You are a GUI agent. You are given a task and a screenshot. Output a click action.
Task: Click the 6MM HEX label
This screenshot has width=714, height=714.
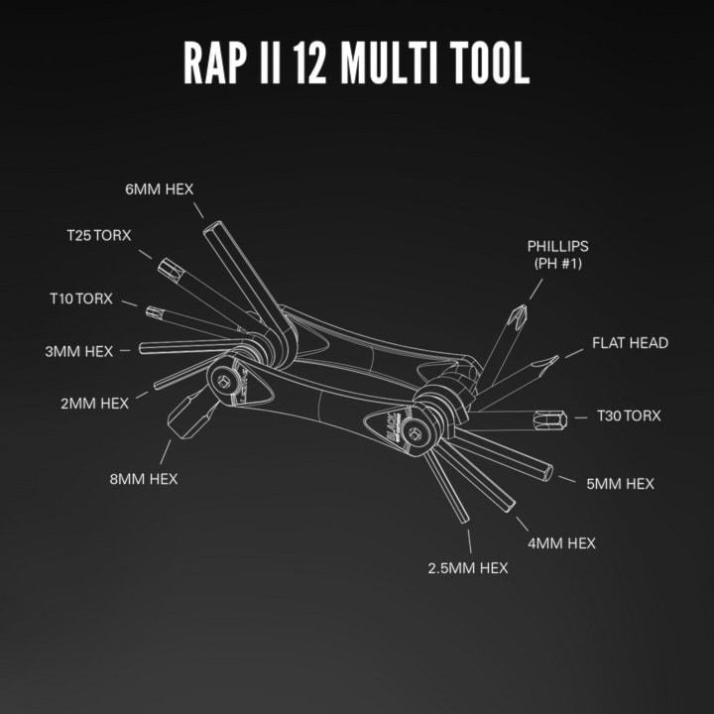point(160,189)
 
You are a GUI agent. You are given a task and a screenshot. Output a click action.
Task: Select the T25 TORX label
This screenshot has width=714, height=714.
point(99,235)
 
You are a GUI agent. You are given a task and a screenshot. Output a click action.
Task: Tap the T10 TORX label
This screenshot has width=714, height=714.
point(81,298)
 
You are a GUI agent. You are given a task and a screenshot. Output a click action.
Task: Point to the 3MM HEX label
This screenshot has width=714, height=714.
point(78,351)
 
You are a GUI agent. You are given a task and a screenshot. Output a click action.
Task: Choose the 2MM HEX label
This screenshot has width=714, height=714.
point(95,404)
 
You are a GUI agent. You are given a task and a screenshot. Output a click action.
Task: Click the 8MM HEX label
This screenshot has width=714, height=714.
point(144,479)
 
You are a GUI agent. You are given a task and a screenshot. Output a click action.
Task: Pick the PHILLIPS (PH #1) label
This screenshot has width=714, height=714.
point(557,255)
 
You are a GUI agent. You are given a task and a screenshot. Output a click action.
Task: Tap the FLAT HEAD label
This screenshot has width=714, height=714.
point(631,343)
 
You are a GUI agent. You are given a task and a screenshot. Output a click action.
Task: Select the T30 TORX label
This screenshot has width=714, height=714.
point(629,416)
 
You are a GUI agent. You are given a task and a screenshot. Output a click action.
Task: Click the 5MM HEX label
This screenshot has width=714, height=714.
point(620,484)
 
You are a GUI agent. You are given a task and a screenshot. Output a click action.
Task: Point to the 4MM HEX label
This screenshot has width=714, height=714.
point(561,543)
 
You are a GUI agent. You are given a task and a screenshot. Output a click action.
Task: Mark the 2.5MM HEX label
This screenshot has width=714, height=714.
point(468,568)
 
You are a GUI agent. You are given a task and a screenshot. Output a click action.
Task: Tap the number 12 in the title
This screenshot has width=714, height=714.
point(309,62)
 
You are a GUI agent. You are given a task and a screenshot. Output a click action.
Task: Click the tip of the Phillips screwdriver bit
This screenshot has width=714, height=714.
point(523,306)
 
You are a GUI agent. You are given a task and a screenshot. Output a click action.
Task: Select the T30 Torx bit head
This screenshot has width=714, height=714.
point(550,419)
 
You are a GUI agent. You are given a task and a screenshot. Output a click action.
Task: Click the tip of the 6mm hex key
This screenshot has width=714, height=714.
point(212,226)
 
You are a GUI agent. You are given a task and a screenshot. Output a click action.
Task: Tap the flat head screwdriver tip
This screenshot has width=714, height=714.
point(553,361)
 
